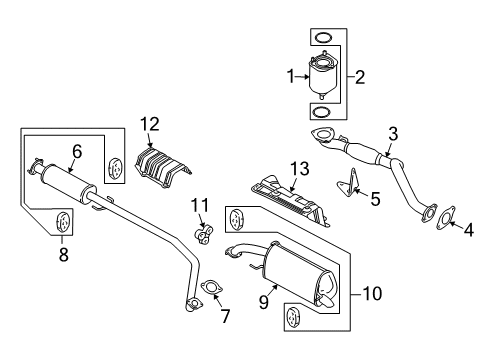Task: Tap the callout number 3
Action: [393, 133]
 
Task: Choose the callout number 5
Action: [374, 199]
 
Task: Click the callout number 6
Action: [76, 151]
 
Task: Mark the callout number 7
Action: [225, 317]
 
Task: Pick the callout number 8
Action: [63, 254]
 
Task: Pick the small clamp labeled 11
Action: [203, 236]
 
